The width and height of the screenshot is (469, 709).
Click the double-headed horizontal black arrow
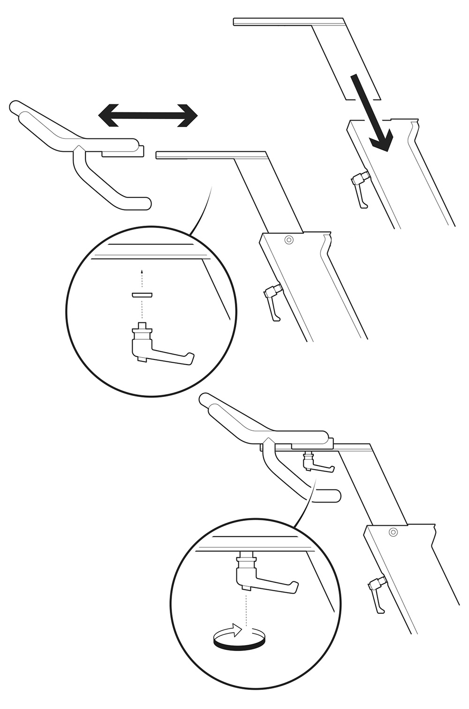148,115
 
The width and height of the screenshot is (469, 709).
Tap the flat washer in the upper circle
142,295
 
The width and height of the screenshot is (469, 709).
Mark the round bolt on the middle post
289,240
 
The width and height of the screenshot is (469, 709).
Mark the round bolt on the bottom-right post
393,532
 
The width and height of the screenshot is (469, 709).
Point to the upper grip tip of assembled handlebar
206,400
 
